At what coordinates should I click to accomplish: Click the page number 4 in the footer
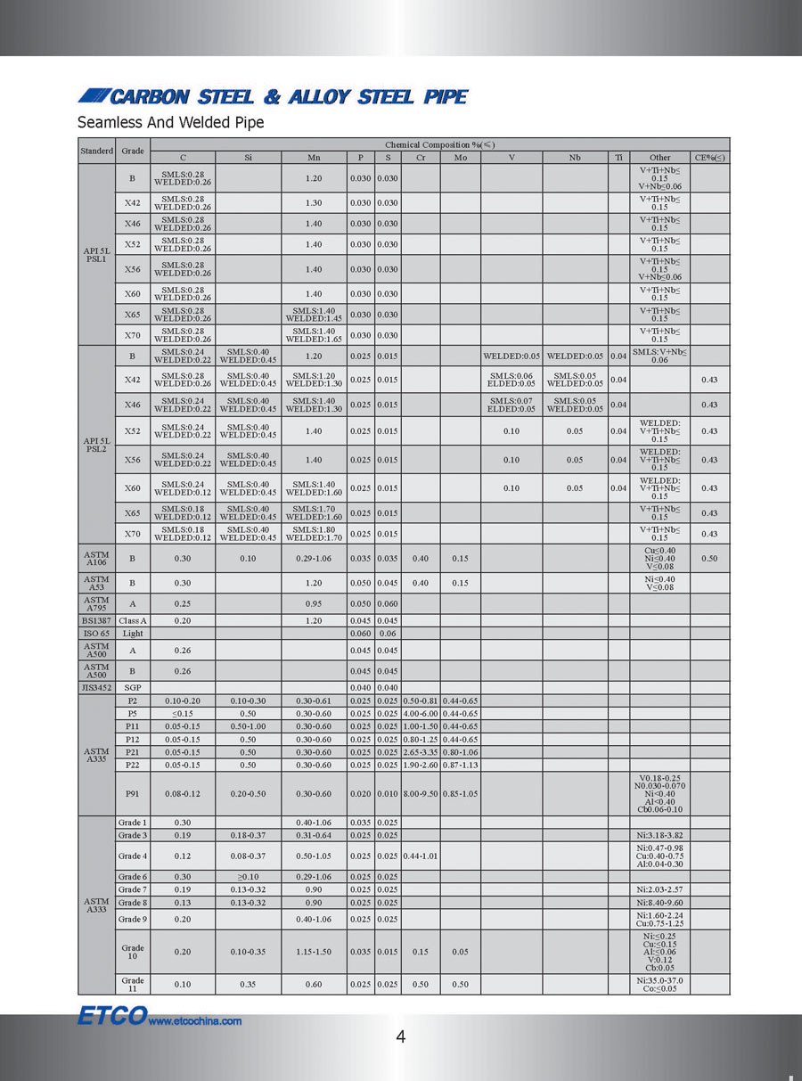pos(401,1036)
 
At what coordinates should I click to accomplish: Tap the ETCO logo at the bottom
pos(110,1017)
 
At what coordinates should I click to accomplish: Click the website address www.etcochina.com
pos(194,1021)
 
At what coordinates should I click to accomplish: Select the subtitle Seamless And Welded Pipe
pos(170,122)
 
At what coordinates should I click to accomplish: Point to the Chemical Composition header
pos(439,143)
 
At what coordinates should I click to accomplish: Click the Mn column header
pos(314,158)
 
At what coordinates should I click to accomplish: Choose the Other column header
pos(659,158)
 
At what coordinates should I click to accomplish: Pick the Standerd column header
pos(96,151)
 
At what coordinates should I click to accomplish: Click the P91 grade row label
pos(133,793)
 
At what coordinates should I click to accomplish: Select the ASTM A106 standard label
pos(96,559)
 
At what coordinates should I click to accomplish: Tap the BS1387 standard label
pos(96,619)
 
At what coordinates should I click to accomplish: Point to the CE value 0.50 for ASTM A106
pos(709,559)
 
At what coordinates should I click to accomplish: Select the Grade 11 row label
pos(133,985)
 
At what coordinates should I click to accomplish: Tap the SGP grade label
pos(133,687)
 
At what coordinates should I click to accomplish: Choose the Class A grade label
pos(133,619)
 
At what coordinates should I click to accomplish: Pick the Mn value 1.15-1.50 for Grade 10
pos(314,952)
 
